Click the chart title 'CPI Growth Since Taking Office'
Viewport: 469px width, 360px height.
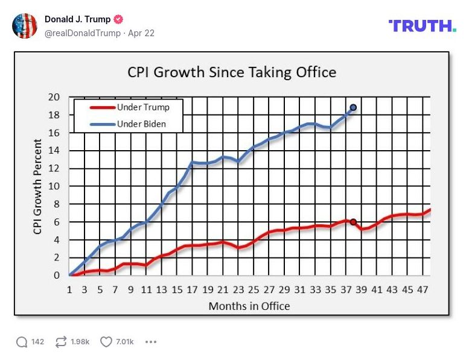231,72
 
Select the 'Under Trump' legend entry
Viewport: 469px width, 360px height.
143,107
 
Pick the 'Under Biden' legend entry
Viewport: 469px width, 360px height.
142,124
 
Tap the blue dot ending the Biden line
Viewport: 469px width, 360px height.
353,107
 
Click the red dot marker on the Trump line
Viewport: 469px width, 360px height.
353,222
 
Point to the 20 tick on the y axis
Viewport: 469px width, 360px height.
54,97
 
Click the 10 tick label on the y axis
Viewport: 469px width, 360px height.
54,186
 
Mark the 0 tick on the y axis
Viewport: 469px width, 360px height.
57,276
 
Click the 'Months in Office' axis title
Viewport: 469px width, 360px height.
249,306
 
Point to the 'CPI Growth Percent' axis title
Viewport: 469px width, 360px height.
37,186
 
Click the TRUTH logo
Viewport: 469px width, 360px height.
423,26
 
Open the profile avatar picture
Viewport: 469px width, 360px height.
25,26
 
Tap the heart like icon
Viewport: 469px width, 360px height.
106,342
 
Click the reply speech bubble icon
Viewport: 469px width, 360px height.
22,342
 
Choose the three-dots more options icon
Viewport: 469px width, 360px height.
151,342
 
